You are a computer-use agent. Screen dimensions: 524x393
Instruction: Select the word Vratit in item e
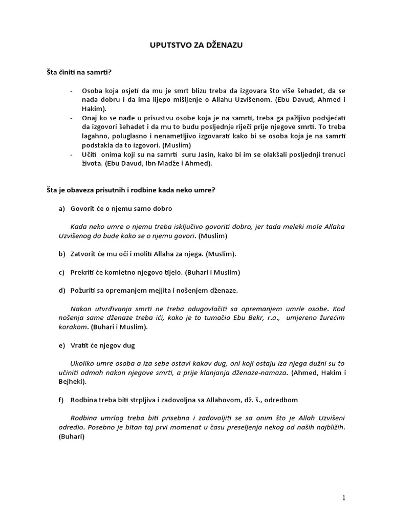(x=80, y=345)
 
